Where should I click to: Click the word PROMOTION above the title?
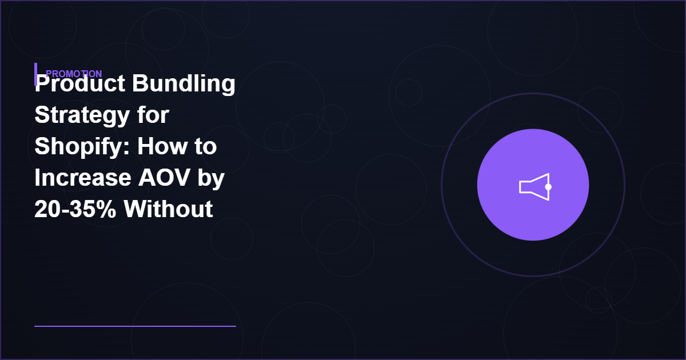(74, 74)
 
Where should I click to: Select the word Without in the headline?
(169, 210)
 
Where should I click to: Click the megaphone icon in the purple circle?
(534, 186)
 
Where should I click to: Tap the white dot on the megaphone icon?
(548, 187)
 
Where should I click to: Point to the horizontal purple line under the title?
(135, 326)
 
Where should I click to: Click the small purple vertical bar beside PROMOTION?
(36, 74)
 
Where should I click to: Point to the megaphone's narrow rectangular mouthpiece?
(525, 187)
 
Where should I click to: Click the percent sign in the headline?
(106, 210)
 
